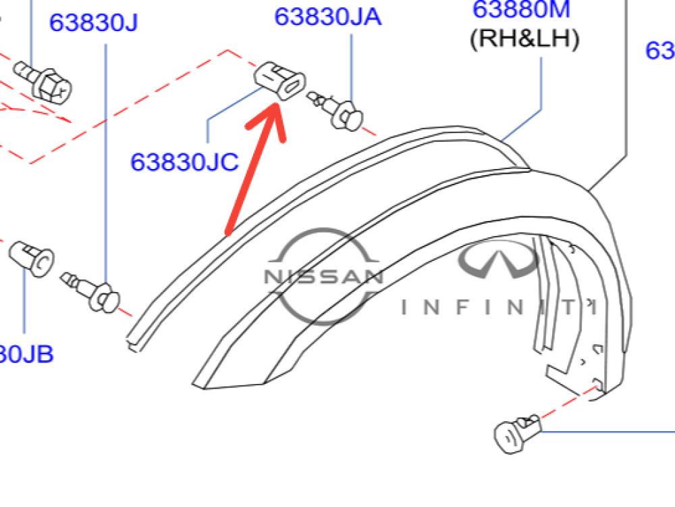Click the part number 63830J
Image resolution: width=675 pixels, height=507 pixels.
(x=93, y=22)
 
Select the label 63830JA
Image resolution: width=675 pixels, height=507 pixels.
(x=327, y=16)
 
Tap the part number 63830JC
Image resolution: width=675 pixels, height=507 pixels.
(x=184, y=162)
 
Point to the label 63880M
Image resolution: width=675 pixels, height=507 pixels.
(x=521, y=9)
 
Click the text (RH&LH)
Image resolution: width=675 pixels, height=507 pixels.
(x=524, y=39)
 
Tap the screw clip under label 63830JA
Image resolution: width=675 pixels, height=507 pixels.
(x=337, y=111)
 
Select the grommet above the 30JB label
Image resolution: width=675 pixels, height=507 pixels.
(x=32, y=256)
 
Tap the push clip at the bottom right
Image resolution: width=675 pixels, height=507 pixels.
(x=516, y=433)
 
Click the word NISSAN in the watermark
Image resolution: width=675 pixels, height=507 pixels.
(x=323, y=276)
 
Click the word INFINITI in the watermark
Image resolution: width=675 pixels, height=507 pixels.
(x=500, y=308)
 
